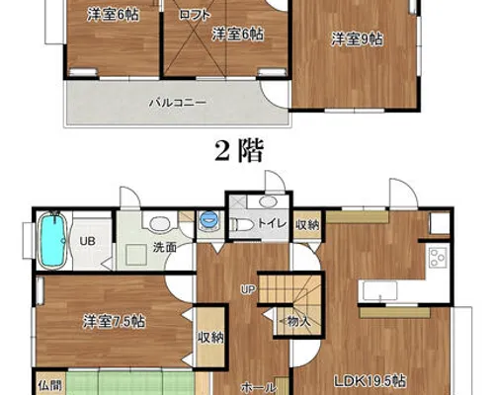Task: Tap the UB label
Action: click(x=88, y=241)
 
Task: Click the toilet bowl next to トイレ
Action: click(x=242, y=225)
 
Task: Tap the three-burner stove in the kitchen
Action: click(x=438, y=257)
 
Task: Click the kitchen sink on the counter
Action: click(x=380, y=291)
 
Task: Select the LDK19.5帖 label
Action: click(x=370, y=381)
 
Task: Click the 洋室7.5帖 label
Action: click(x=114, y=322)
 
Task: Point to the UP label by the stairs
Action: click(x=248, y=289)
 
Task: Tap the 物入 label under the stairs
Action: click(x=296, y=321)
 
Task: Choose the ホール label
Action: click(x=258, y=387)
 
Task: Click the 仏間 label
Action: click(x=49, y=386)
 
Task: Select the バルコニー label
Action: click(x=178, y=103)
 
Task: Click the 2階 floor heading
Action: click(x=239, y=151)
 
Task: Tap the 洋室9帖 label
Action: click(x=357, y=39)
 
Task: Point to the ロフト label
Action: click(x=195, y=15)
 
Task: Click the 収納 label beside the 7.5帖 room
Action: click(x=210, y=337)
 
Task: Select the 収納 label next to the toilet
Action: click(x=307, y=225)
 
